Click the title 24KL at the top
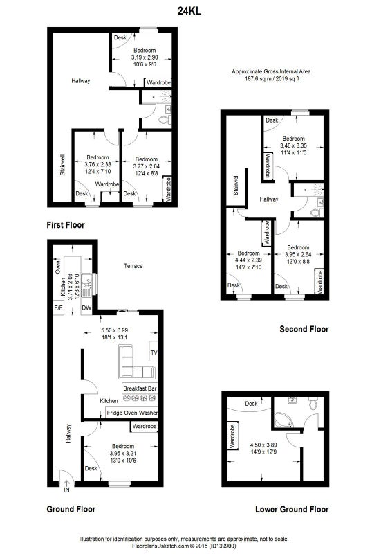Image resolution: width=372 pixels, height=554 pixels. [189, 11]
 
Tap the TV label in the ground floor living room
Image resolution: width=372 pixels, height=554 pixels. [154, 352]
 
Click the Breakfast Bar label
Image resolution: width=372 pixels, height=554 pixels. [140, 388]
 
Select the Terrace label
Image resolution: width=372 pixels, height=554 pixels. [133, 266]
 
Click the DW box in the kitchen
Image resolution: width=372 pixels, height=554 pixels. [86, 307]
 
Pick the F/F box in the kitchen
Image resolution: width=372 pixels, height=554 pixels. [58, 307]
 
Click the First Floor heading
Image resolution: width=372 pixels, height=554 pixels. [66, 225]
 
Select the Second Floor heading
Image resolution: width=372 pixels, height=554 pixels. [304, 330]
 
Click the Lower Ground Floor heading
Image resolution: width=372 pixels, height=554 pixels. [292, 510]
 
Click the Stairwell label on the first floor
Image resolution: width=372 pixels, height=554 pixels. [62, 165]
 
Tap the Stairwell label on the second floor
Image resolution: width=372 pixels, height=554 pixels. [236, 185]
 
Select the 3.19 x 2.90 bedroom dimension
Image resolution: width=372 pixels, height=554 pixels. [145, 57]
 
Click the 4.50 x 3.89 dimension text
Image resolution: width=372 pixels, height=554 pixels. [263, 445]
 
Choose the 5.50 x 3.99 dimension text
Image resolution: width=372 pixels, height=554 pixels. [115, 330]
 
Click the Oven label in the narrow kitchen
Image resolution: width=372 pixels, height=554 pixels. [58, 267]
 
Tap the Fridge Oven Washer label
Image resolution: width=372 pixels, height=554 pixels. [131, 413]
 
